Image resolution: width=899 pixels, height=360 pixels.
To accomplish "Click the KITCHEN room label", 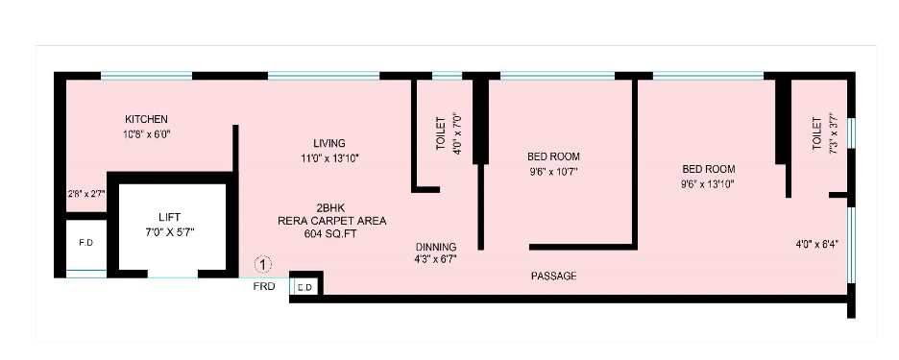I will [146, 119].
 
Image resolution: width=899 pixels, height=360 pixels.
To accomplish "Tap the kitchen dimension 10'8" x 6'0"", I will [147, 134].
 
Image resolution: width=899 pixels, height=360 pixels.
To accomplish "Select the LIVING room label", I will [328, 143].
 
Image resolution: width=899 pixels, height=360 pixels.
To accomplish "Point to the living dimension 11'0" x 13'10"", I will [330, 157].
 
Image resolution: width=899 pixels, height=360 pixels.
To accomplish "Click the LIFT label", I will [169, 218].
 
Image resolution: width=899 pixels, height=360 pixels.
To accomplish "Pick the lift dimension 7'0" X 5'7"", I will [169, 232].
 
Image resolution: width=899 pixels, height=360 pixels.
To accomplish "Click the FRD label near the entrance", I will [264, 286].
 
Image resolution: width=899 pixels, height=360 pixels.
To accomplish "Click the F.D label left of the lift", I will [85, 243].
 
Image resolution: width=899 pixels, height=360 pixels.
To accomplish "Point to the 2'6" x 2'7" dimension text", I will [85, 193].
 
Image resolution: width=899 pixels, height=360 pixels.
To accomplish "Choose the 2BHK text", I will [331, 207].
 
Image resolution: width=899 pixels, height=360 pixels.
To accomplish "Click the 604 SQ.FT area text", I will [331, 233].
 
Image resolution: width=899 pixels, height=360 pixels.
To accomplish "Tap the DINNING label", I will [435, 247].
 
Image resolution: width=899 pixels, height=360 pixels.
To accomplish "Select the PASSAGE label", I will [554, 276].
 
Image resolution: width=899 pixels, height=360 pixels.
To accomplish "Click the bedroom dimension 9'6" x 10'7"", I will [553, 172].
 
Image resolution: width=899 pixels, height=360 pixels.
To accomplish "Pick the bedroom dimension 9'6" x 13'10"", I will [708, 183].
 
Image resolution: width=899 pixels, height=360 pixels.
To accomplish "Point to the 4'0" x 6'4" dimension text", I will [816, 244].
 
